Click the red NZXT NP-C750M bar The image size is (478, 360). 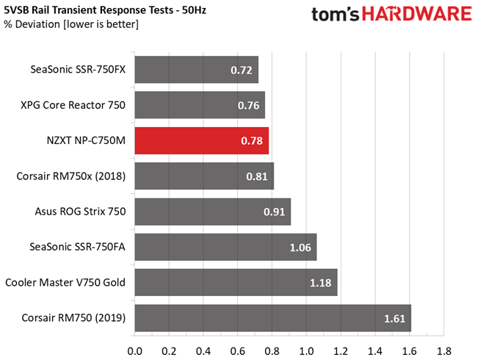[x=202, y=140]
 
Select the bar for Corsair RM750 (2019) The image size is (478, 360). [x=273, y=318]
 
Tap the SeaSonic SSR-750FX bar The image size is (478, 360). [x=197, y=70]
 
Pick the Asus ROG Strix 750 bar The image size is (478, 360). [x=213, y=212]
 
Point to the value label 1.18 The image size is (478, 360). [x=320, y=283]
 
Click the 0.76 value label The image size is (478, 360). [x=248, y=106]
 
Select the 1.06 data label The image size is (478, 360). [x=300, y=248]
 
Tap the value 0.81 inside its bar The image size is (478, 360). [x=257, y=176]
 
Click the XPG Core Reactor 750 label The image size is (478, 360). [x=73, y=105]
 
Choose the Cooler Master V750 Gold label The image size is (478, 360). [x=65, y=282]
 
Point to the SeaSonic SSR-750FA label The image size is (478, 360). [x=77, y=247]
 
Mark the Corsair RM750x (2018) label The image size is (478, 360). [x=71, y=176]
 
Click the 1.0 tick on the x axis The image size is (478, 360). [x=306, y=351]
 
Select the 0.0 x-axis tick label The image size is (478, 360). [x=135, y=351]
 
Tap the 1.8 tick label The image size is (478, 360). [x=443, y=351]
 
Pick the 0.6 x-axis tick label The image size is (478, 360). [x=237, y=351]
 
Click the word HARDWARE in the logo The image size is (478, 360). [x=417, y=14]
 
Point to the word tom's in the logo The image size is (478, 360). [x=336, y=15]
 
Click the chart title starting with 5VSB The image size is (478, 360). [x=105, y=10]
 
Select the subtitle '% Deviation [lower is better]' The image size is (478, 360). [x=71, y=24]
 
